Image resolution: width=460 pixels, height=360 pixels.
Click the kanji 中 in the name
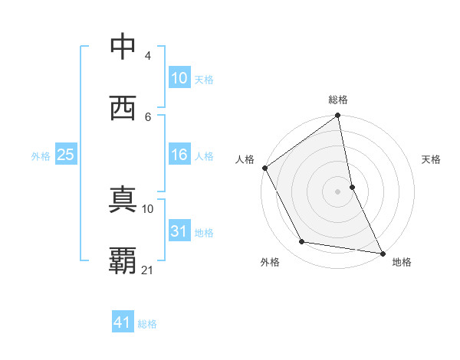click(123, 47)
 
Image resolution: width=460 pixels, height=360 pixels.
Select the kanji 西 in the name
click(123, 107)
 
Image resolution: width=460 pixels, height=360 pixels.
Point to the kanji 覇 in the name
click(123, 260)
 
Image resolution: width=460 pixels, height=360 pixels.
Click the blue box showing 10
click(179, 78)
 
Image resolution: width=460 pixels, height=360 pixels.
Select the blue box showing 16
click(179, 155)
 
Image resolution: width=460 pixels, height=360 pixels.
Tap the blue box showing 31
click(179, 231)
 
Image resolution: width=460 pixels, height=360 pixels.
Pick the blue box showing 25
click(65, 155)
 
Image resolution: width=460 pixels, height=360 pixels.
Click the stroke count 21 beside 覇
click(148, 270)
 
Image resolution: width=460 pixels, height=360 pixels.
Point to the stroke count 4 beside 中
click(148, 56)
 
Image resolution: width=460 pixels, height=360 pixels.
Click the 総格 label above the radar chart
click(338, 100)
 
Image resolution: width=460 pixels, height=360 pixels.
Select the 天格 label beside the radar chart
click(432, 159)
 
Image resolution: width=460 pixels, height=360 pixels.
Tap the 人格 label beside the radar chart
click(245, 159)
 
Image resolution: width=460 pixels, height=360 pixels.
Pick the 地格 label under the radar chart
click(402, 262)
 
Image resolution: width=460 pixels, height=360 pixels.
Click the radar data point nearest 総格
click(338, 116)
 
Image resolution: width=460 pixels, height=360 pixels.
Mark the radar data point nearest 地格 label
click(382, 252)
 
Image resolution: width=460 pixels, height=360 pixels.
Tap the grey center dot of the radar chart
click(338, 191)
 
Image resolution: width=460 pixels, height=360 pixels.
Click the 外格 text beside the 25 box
click(40, 155)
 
